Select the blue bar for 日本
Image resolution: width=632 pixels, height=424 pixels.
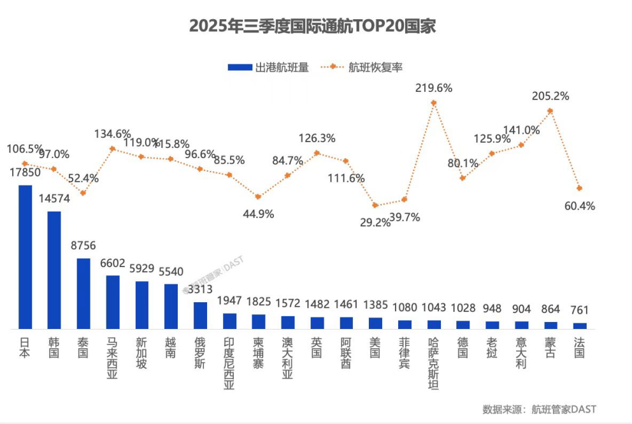point(25,256)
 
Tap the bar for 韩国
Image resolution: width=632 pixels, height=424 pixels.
point(54,269)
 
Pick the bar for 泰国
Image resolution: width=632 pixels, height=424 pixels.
point(83,293)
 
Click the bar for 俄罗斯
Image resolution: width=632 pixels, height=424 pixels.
point(200,315)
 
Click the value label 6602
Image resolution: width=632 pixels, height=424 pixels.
point(113,263)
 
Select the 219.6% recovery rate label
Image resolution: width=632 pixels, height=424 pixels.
point(433,88)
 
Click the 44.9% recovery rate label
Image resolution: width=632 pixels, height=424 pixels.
point(258,214)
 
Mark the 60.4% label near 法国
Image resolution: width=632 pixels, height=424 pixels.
point(579,206)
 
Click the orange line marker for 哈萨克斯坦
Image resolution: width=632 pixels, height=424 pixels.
point(434,102)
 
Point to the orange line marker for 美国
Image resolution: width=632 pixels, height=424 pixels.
point(375,205)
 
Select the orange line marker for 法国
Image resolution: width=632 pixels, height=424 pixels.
point(579,188)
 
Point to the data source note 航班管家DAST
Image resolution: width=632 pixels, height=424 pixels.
point(539,409)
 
